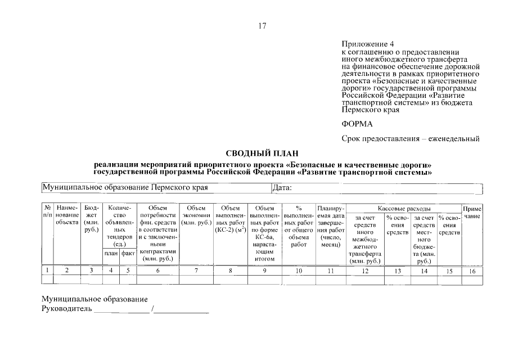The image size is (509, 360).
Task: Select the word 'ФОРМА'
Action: tap(357, 124)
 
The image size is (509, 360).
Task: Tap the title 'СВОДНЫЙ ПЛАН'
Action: tap(262, 153)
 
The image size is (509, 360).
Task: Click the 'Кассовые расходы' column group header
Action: tap(403, 208)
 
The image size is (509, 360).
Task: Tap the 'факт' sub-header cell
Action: tap(128, 254)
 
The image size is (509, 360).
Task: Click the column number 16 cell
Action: tap(472, 271)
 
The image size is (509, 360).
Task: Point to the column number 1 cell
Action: tap(48, 271)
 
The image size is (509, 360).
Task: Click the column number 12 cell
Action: tap(365, 271)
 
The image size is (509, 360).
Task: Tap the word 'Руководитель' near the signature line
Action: tap(66, 309)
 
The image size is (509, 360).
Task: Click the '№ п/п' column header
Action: tap(48, 212)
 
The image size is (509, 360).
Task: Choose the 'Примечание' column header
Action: tap(472, 212)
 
